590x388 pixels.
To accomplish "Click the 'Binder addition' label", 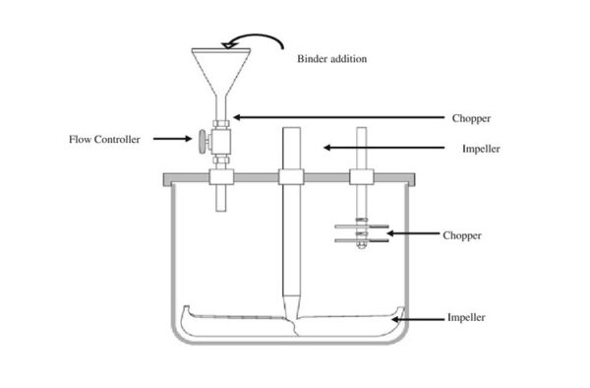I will point(331,59).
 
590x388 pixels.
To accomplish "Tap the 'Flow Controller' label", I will point(103,139).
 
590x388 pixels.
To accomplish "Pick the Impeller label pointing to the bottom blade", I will point(466,318).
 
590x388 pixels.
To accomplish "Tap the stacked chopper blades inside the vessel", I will point(358,232).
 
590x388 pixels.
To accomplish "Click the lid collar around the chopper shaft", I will point(361,178).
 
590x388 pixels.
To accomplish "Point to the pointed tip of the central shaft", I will point(292,299).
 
